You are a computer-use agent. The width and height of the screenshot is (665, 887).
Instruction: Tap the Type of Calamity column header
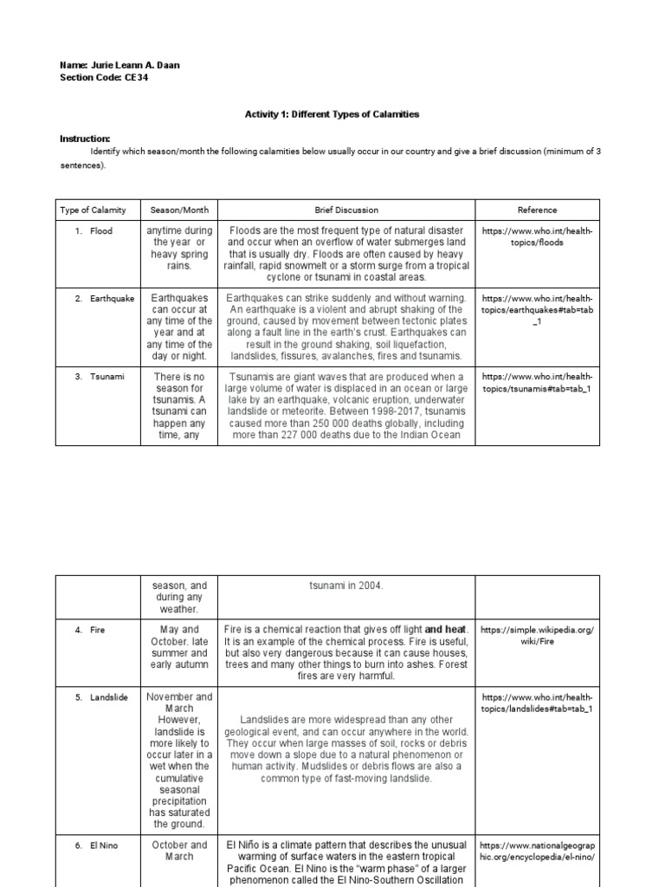[93, 210]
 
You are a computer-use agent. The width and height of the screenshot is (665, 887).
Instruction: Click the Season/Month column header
[179, 210]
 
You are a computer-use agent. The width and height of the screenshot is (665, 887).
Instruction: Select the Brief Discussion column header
[346, 210]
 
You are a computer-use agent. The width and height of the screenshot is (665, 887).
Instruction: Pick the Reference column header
[537, 210]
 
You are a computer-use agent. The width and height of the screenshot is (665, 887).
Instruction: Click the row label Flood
[100, 231]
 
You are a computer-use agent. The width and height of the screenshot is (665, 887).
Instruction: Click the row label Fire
[97, 630]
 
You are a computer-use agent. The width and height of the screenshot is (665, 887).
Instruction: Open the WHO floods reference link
[538, 237]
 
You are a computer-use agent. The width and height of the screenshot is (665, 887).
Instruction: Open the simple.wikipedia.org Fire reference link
[538, 636]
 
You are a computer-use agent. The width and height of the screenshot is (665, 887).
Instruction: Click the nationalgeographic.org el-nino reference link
[538, 851]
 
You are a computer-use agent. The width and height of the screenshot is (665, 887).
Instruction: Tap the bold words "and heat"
[445, 630]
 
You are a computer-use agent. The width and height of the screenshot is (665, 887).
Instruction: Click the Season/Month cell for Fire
[179, 647]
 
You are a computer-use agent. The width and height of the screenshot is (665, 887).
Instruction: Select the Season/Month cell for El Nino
[179, 851]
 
